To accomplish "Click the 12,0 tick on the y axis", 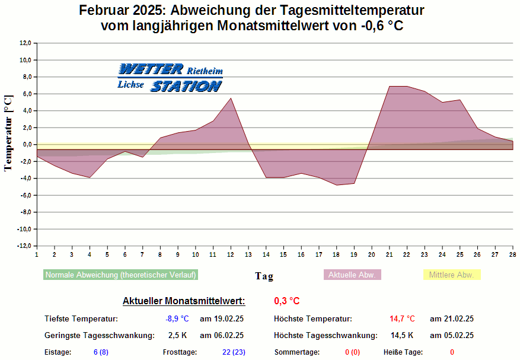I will (x=25, y=43).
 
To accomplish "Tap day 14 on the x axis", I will (x=266, y=254).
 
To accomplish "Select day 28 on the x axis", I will (x=512, y=254).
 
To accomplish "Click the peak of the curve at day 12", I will (x=231, y=98).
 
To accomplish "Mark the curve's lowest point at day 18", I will (x=336, y=185).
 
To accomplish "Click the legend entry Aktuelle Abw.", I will (x=352, y=275).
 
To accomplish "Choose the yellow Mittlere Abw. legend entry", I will (x=451, y=275).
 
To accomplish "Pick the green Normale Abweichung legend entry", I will (x=120, y=275).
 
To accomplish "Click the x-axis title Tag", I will (x=264, y=276).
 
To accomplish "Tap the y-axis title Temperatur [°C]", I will (x=8, y=133).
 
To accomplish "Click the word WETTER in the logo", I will (x=151, y=69).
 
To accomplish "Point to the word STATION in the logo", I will (x=186, y=86).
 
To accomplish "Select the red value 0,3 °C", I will (x=286, y=301).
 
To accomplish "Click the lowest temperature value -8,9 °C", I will (x=177, y=318).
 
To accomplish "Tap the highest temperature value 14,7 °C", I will (x=402, y=318).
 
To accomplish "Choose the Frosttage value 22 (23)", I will (x=234, y=352).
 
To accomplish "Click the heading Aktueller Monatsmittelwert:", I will (x=183, y=301).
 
